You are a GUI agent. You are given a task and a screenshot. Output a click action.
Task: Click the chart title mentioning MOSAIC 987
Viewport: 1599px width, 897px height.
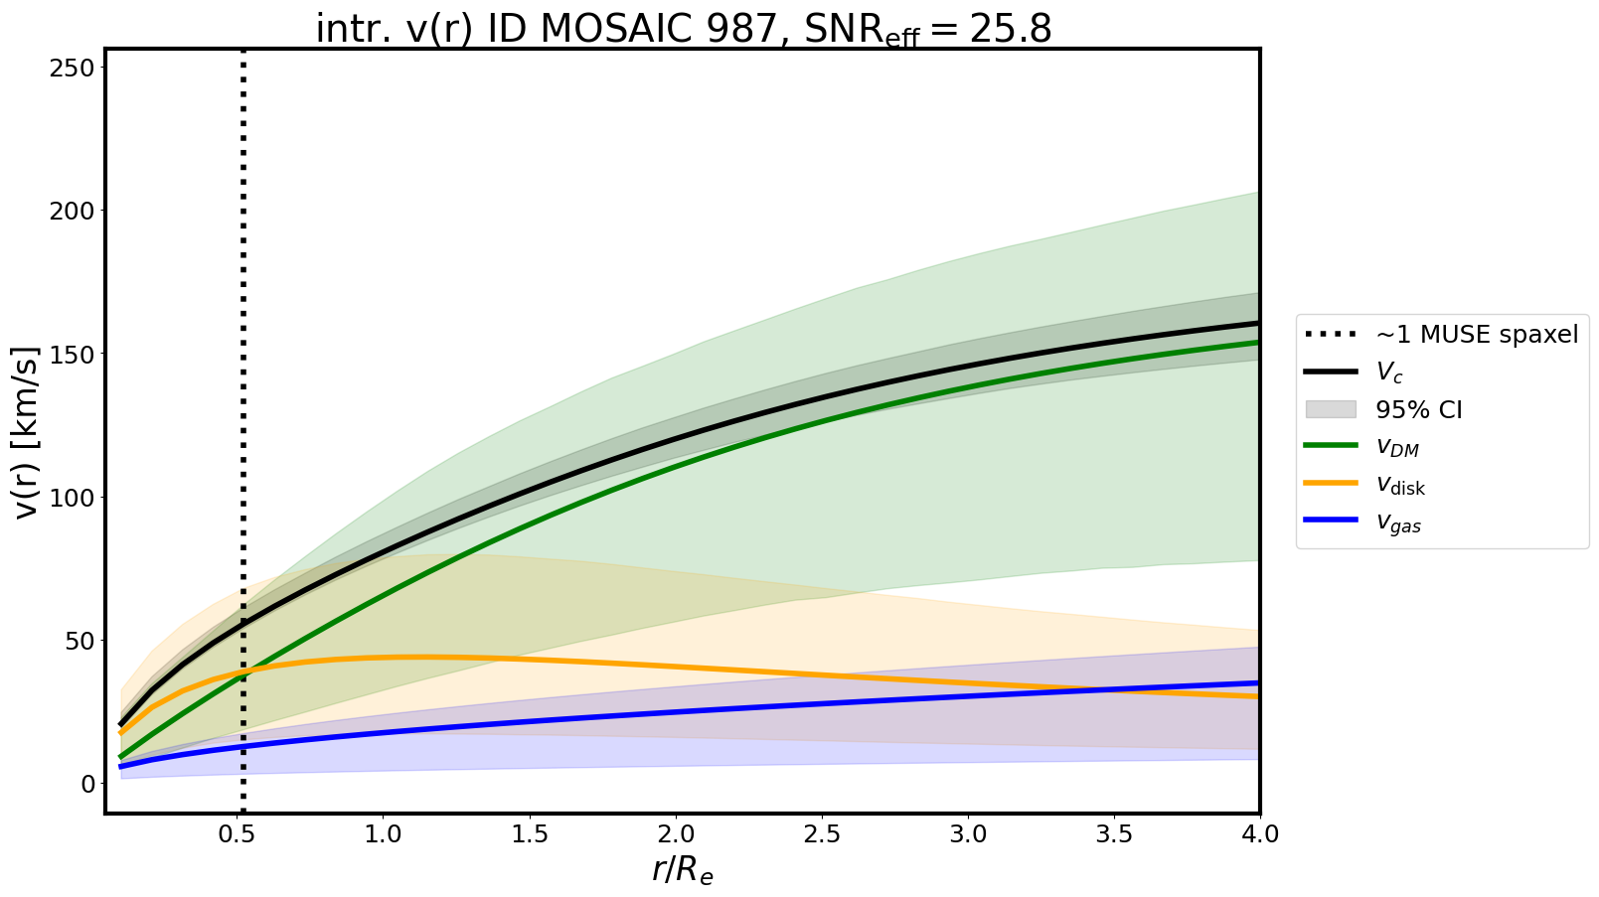point(683,29)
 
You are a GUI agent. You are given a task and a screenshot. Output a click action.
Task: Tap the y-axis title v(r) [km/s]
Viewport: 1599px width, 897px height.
point(27,431)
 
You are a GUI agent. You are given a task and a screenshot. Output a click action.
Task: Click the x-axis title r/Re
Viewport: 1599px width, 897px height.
point(683,870)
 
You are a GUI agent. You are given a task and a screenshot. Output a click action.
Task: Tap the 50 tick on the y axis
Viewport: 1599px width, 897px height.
point(81,641)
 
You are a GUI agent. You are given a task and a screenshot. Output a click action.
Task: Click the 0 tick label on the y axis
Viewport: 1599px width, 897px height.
point(87,784)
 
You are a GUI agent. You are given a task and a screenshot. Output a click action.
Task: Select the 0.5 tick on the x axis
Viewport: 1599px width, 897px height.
point(237,834)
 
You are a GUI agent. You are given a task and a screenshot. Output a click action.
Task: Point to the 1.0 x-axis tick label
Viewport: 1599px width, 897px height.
point(383,834)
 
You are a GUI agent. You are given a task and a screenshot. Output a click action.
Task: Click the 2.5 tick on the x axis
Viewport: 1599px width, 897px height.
point(822,834)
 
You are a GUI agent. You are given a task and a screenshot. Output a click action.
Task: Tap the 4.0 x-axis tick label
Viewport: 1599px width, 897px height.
point(1259,834)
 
